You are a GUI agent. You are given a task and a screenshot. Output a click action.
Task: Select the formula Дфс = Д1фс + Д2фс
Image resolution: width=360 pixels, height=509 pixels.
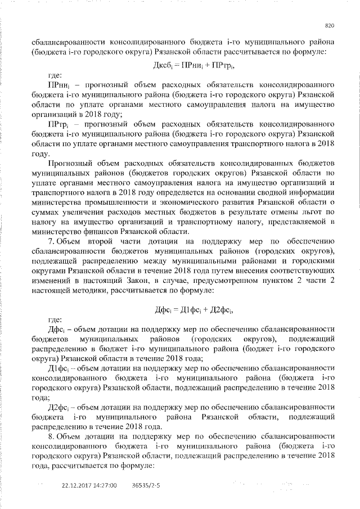tap(186, 310)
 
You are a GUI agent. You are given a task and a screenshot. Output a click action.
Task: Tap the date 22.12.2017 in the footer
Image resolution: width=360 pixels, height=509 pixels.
tap(75, 484)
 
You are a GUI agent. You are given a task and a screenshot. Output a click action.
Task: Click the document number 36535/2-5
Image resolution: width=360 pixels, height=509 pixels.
tap(146, 484)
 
